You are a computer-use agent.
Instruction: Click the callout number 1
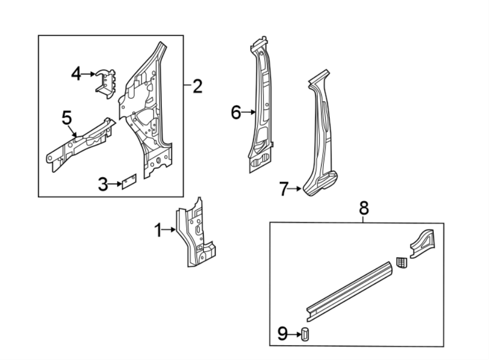click(x=158, y=231)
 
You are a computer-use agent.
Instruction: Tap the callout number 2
click(x=197, y=85)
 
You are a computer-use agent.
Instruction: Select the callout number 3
click(x=103, y=184)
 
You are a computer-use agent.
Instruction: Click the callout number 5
click(x=67, y=117)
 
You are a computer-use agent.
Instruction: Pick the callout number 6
click(x=236, y=113)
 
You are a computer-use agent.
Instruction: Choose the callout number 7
click(x=283, y=189)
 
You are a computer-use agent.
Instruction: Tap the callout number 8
click(x=363, y=207)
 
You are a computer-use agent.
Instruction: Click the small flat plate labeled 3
click(x=128, y=181)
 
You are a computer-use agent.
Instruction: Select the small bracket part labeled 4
click(x=106, y=84)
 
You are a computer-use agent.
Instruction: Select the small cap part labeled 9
click(x=305, y=334)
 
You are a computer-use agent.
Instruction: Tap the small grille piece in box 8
click(x=401, y=263)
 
